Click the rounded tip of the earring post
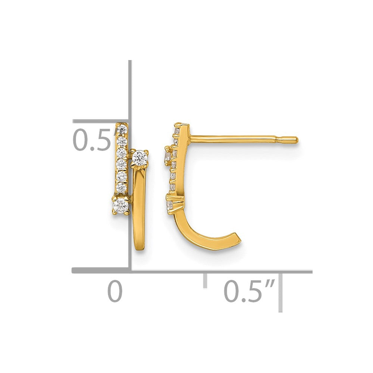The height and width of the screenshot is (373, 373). pos(297,140)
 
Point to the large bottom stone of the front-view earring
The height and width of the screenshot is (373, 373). pos(121,204)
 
